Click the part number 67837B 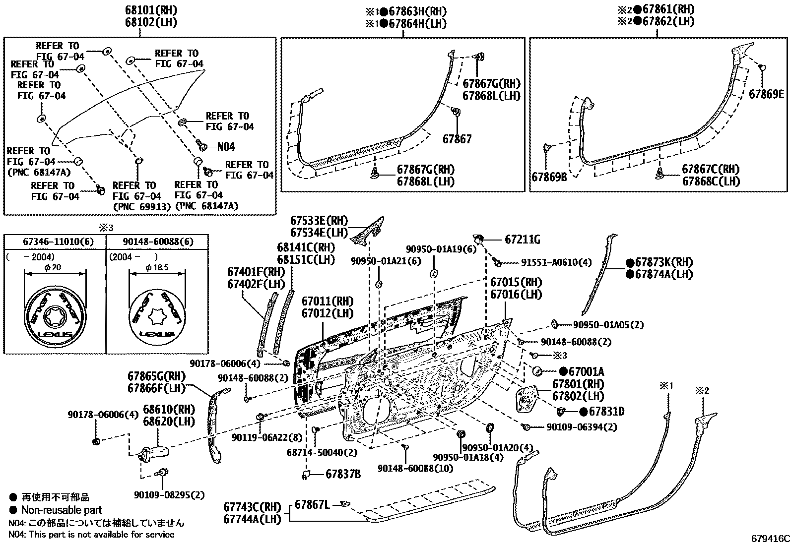click(343, 474)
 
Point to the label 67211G click(522, 240)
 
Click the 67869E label click(766, 94)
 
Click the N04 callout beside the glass click(226, 147)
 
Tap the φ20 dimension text click(55, 267)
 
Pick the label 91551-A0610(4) click(556, 262)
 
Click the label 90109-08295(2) click(169, 495)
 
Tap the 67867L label click(312, 504)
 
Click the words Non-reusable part click(61, 510)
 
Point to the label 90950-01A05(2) click(608, 325)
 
